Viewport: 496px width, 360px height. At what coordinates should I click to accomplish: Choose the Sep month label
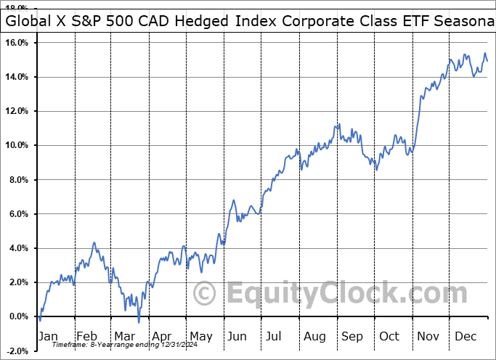(354, 337)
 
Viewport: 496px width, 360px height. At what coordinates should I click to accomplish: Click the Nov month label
(428, 337)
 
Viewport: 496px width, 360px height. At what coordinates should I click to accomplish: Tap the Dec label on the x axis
(466, 337)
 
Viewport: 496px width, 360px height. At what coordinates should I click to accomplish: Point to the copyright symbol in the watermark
(206, 294)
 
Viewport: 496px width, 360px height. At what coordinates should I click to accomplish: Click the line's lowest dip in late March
(139, 322)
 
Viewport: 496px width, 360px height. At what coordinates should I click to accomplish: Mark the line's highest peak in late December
(484, 53)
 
